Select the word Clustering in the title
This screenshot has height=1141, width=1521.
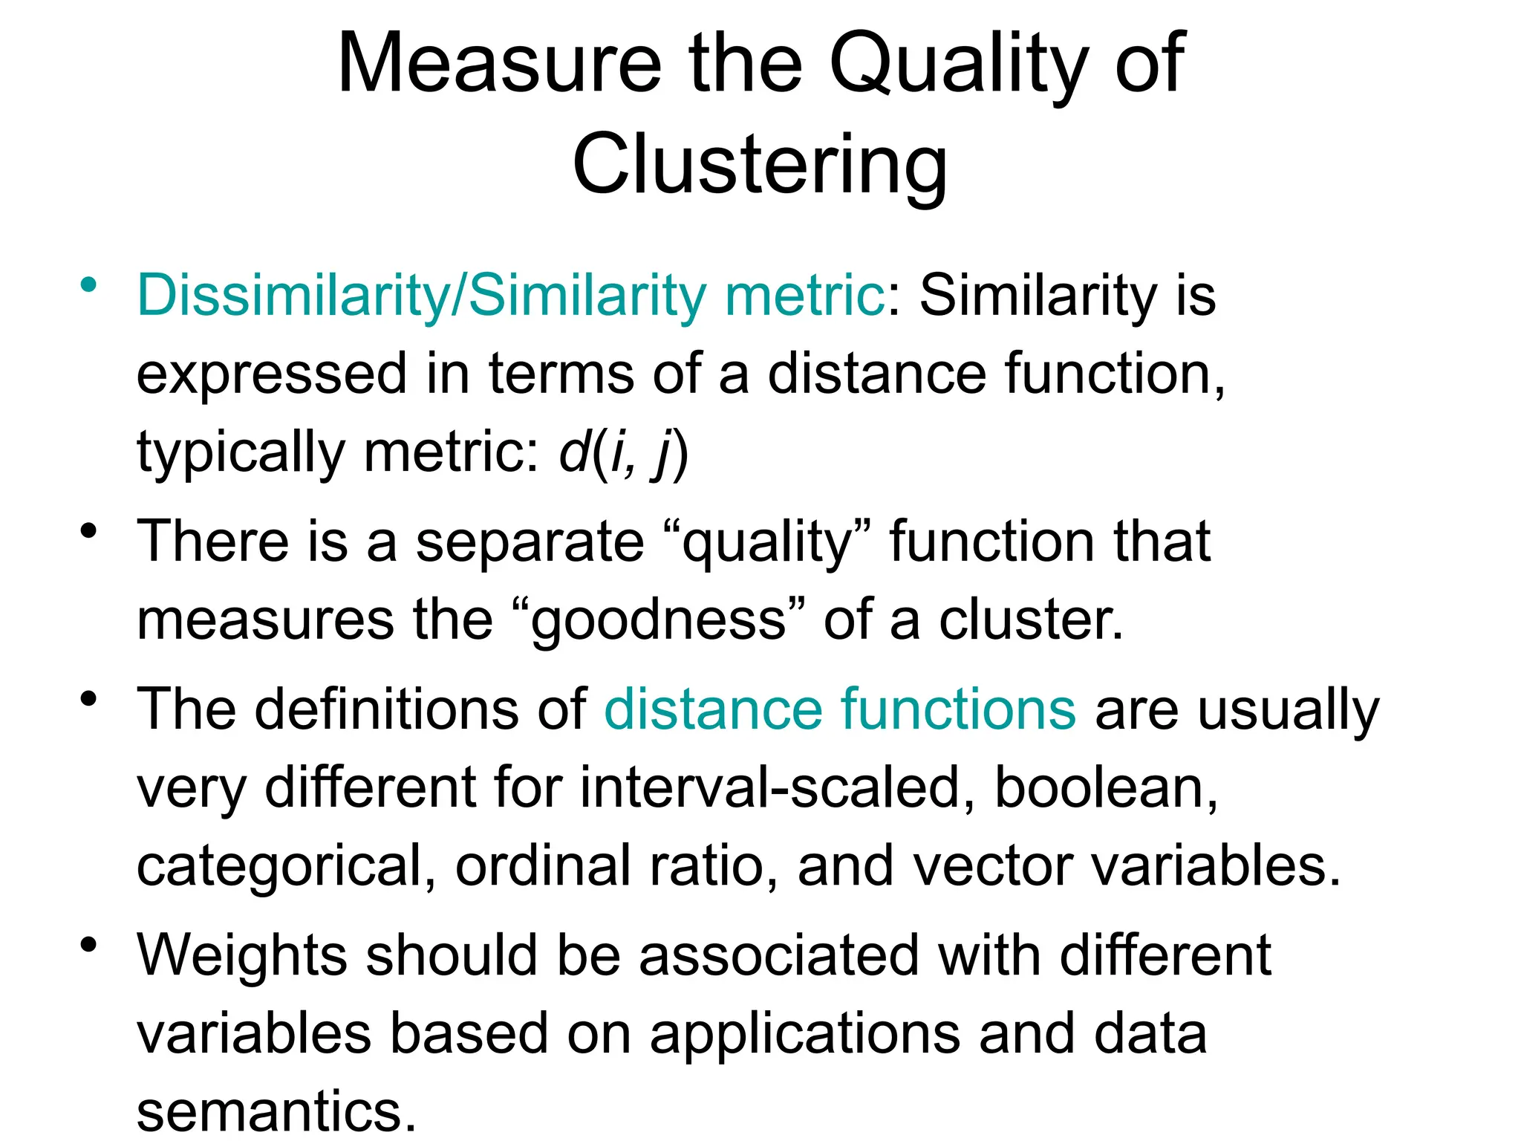tap(760, 165)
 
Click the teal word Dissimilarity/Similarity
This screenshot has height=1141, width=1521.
tap(422, 296)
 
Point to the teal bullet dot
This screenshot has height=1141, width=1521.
tap(89, 285)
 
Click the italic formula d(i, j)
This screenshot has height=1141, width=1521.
tap(624, 453)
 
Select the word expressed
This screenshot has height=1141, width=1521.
tap(272, 374)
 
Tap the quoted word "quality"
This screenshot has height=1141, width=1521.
tap(768, 542)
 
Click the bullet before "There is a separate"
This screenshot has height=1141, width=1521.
tap(89, 531)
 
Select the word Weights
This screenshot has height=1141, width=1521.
tap(242, 956)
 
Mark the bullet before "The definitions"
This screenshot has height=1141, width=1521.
tap(89, 699)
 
